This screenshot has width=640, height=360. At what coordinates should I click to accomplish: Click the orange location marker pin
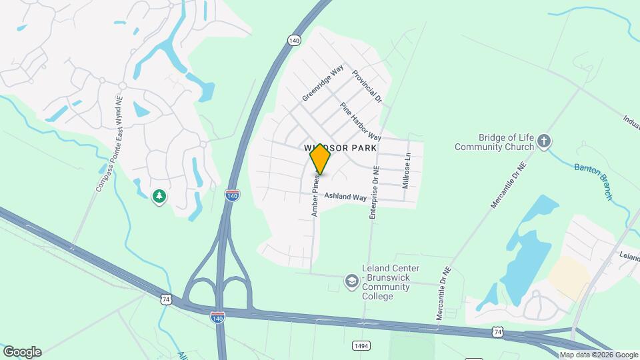pyautogui.click(x=321, y=159)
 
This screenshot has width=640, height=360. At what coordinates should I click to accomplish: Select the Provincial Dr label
pyautogui.click(x=367, y=87)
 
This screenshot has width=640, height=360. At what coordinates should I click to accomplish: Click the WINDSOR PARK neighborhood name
pyautogui.click(x=341, y=147)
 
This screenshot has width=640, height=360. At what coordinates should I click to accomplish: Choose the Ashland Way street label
pyautogui.click(x=345, y=197)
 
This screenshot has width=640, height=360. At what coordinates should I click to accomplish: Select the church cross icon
pyautogui.click(x=545, y=141)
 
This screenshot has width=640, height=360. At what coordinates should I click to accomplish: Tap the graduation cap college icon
pyautogui.click(x=351, y=282)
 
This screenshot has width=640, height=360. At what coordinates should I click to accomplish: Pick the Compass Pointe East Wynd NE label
pyautogui.click(x=109, y=144)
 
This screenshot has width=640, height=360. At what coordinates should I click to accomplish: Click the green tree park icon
pyautogui.click(x=159, y=196)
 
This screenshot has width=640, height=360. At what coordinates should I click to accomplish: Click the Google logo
pyautogui.click(x=22, y=351)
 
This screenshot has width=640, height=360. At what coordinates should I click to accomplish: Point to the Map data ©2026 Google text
pyautogui.click(x=599, y=355)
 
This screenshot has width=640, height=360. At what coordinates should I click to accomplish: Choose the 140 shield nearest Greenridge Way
pyautogui.click(x=295, y=41)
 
